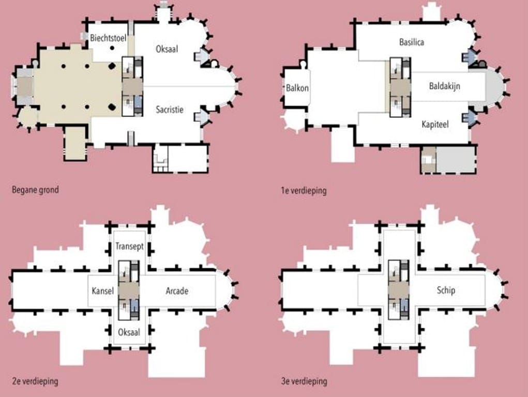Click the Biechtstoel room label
click(x=108, y=38)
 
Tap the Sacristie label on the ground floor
click(x=170, y=110)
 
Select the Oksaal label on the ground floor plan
click(x=167, y=49)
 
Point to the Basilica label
click(x=412, y=42)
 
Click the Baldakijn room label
click(x=445, y=86)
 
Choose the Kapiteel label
click(x=435, y=124)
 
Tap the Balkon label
click(x=297, y=88)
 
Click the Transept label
click(x=129, y=247)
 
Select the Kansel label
click(x=103, y=291)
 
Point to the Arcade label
click(x=177, y=291)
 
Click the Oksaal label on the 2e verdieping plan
click(x=129, y=332)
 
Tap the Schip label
click(x=446, y=290)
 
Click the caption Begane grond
click(x=35, y=190)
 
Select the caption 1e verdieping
click(x=304, y=191)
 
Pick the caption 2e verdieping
click(x=35, y=381)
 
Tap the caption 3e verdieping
click(x=304, y=381)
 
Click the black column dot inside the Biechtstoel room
click(x=112, y=48)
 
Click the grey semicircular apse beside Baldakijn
click(x=494, y=86)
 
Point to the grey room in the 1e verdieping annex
click(x=455, y=159)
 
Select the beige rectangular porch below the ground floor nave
click(x=76, y=143)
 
